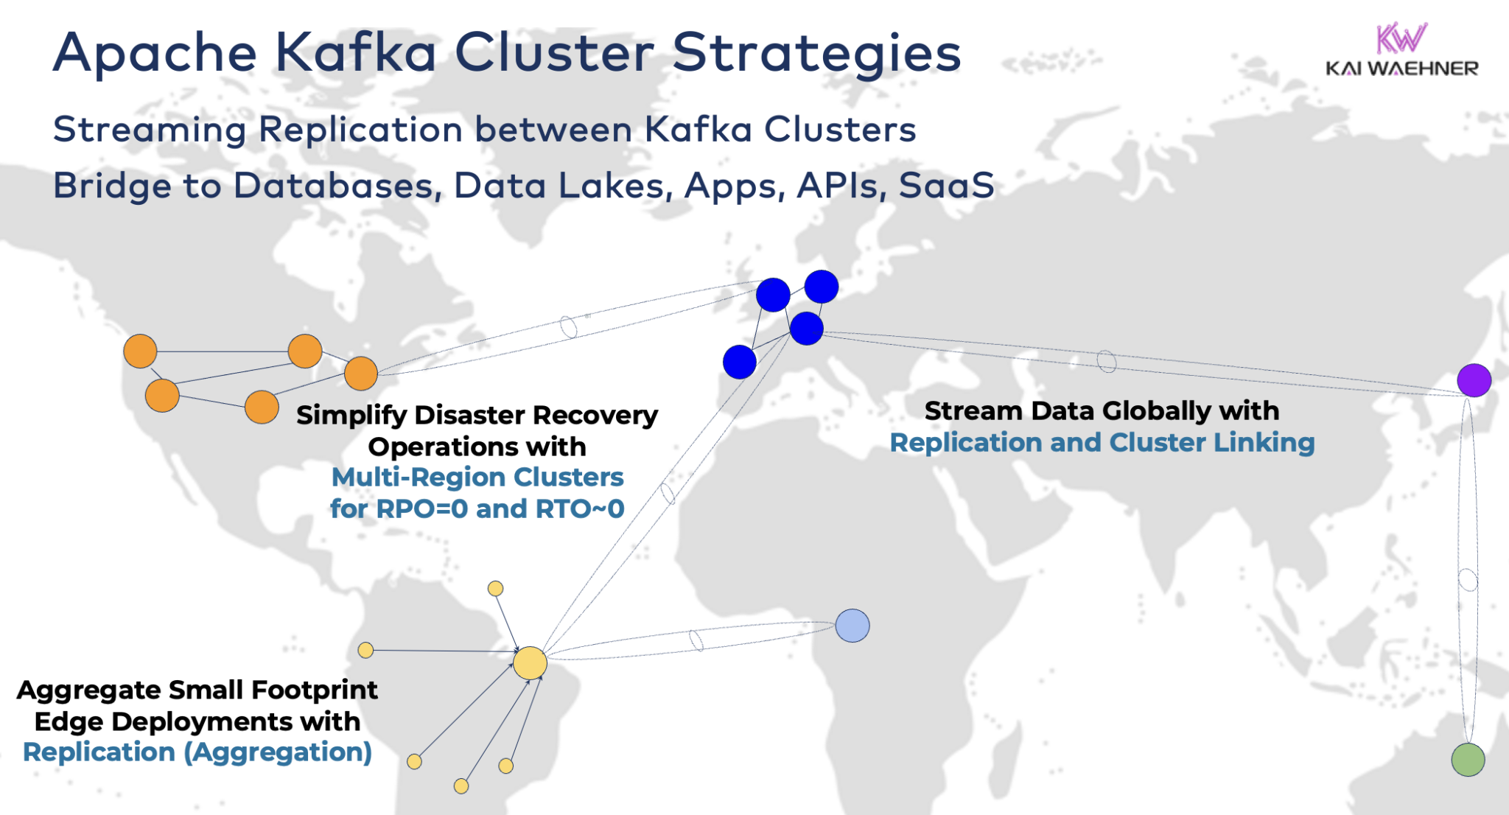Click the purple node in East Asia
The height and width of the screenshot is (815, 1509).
click(x=1474, y=380)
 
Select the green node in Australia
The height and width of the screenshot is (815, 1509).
click(x=1468, y=760)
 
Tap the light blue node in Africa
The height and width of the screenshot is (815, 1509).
click(x=852, y=626)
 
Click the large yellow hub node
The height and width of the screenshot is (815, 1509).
click(x=530, y=663)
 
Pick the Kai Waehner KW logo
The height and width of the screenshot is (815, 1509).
click(x=1401, y=38)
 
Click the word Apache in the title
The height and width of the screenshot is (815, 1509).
click(x=155, y=53)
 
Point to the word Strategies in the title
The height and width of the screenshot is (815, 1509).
click(x=816, y=53)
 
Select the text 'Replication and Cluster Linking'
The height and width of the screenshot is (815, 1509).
click(x=1102, y=442)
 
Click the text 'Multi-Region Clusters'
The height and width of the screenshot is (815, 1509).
click(x=477, y=477)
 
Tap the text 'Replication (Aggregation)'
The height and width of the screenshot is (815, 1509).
click(x=197, y=752)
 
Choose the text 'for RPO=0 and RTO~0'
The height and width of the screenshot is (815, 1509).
click(x=477, y=508)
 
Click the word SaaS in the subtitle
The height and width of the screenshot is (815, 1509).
click(x=947, y=185)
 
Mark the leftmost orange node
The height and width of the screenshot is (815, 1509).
click(x=140, y=351)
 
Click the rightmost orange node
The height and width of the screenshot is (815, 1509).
click(x=361, y=374)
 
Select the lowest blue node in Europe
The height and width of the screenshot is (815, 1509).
click(x=740, y=362)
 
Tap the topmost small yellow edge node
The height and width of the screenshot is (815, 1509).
click(x=496, y=589)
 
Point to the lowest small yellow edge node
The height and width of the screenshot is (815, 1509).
click(x=461, y=786)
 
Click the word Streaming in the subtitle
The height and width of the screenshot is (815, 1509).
click(x=150, y=130)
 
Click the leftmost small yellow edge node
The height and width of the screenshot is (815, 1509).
click(x=365, y=650)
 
